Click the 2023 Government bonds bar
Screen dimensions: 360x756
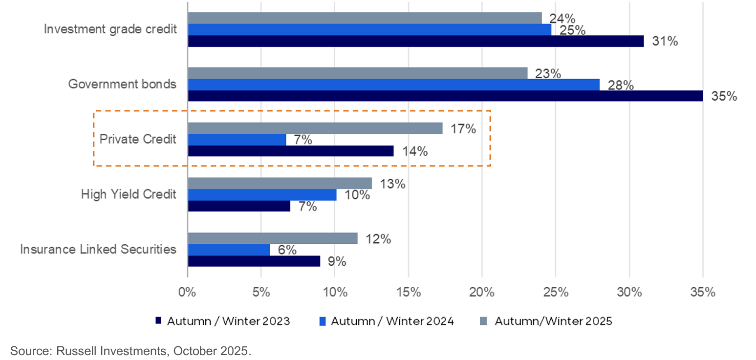pyautogui.click(x=445, y=96)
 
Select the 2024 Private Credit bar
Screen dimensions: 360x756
pyautogui.click(x=237, y=140)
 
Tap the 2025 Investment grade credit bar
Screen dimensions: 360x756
pyautogui.click(x=365, y=18)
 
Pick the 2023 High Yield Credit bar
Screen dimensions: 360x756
pyautogui.click(x=238, y=206)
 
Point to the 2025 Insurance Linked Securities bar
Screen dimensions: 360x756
pyautogui.click(x=272, y=238)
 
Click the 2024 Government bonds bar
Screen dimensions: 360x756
pyautogui.click(x=393, y=85)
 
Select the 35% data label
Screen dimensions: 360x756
pyautogui.click(x=724, y=96)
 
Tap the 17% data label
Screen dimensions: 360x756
pyautogui.click(x=462, y=129)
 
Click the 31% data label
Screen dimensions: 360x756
pyautogui.click(x=665, y=42)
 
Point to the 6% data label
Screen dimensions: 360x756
pyautogui.click(x=287, y=250)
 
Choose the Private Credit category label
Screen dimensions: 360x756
pyautogui.click(x=138, y=139)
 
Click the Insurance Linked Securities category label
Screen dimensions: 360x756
pyautogui.click(x=98, y=249)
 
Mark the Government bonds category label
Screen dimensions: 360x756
pyautogui.click(x=122, y=84)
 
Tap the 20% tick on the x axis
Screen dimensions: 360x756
pyautogui.click(x=482, y=293)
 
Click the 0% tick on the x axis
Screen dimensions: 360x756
pyautogui.click(x=187, y=293)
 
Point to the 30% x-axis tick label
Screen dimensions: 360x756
pyautogui.click(x=629, y=293)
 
